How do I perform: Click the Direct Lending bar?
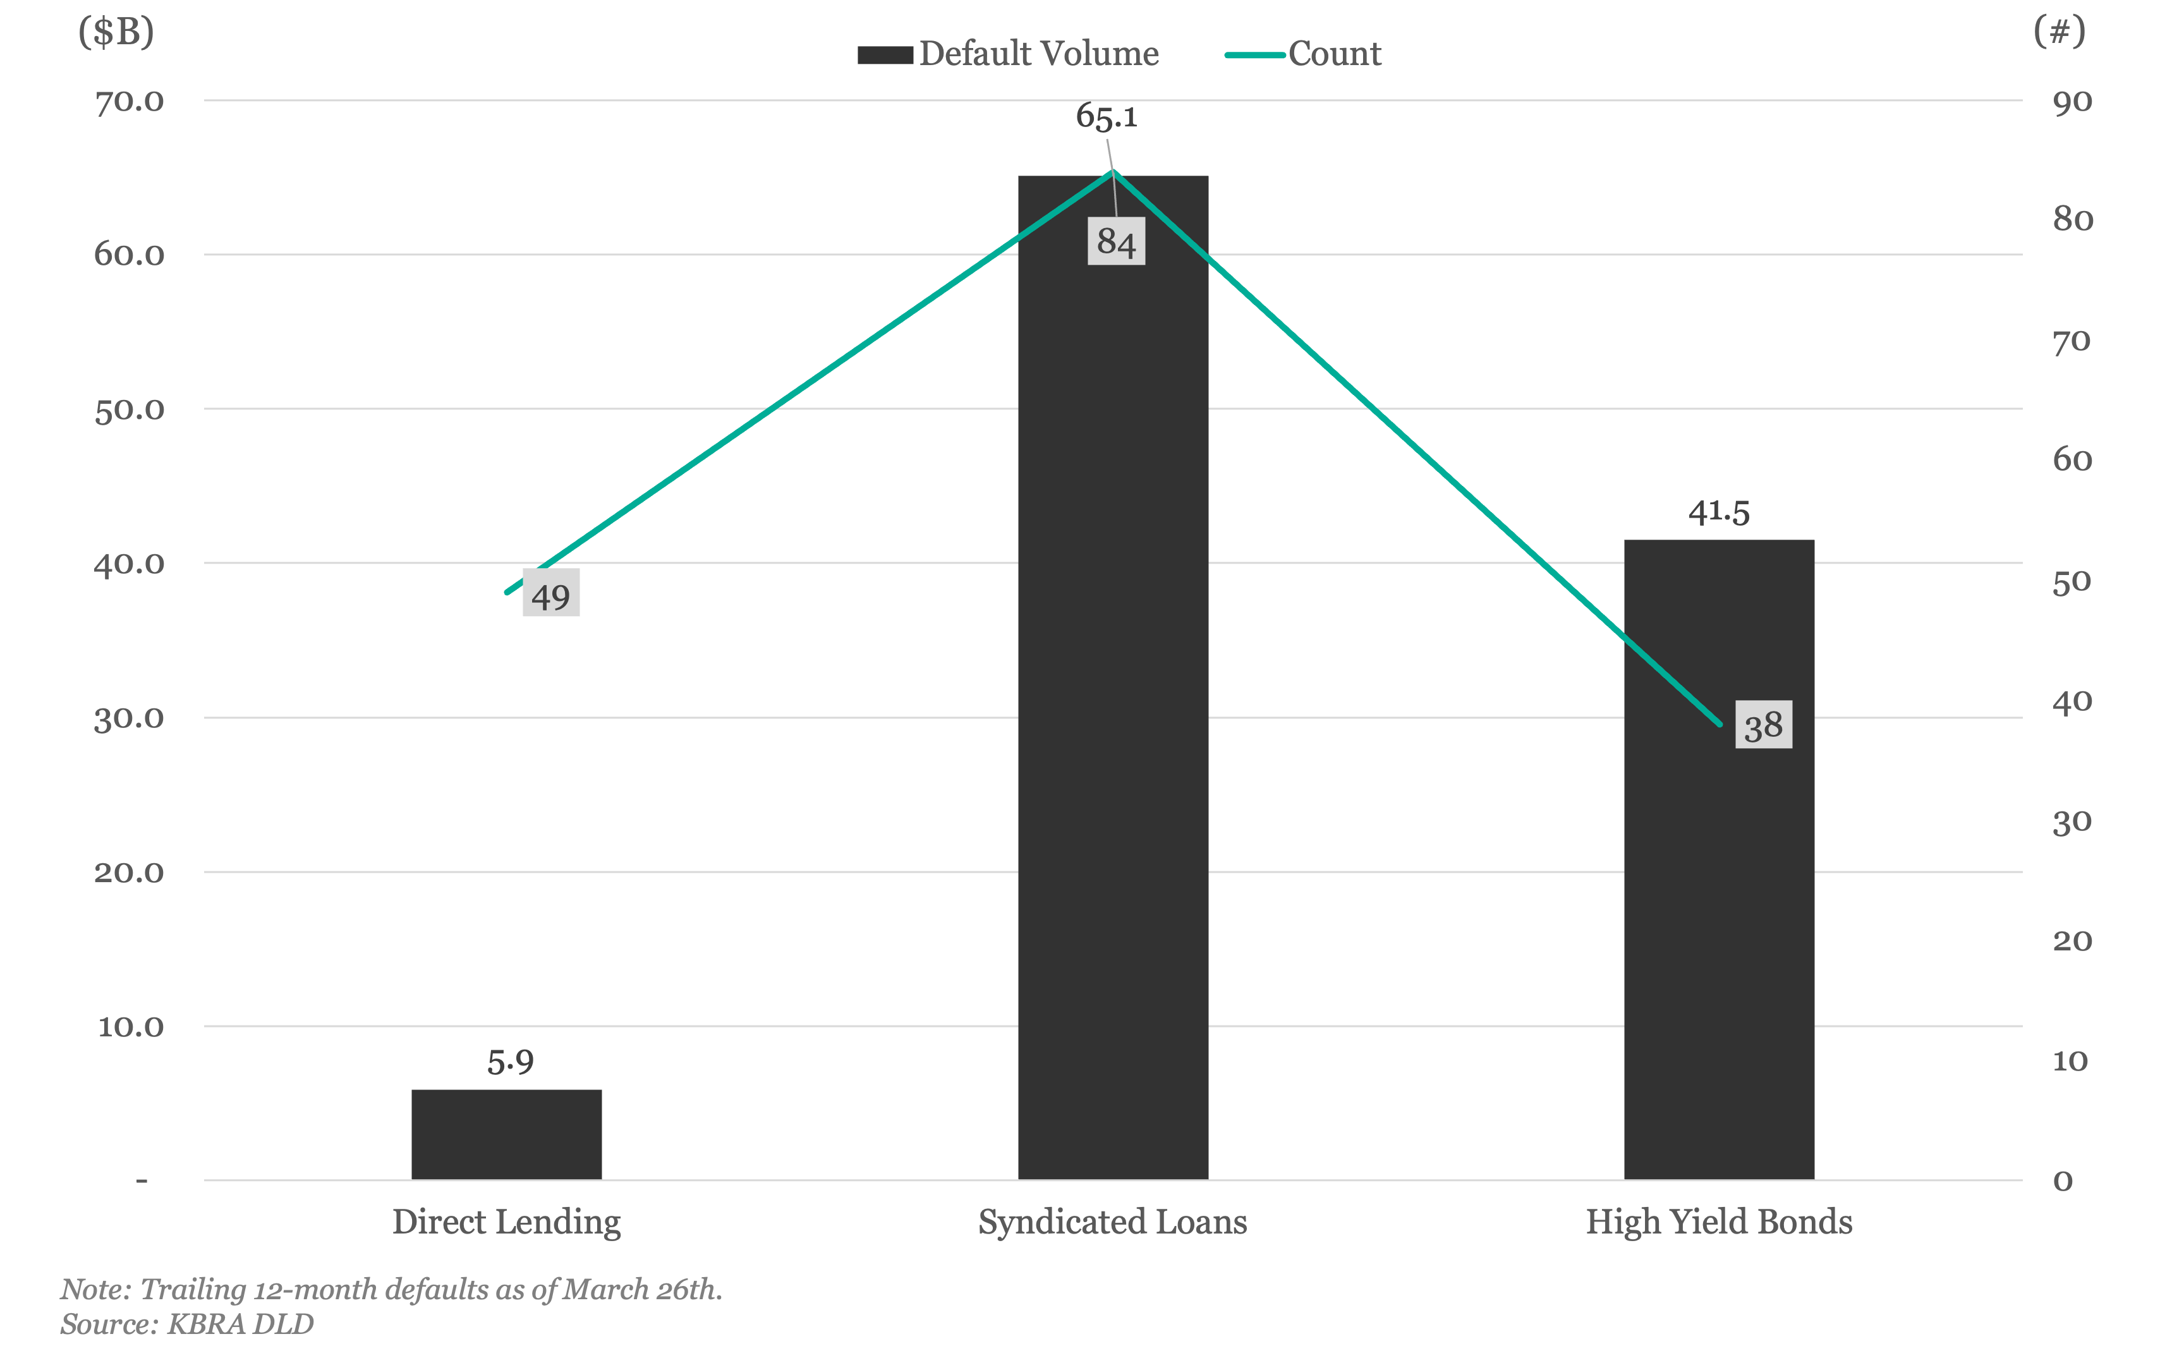[506, 1134]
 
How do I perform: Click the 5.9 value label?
[510, 1062]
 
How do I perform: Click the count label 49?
[551, 593]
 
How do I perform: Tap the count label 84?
[1116, 241]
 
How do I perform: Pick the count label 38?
[1764, 725]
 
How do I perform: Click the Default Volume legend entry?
[1009, 54]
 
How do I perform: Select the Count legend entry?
[1303, 54]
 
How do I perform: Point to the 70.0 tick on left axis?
[130, 102]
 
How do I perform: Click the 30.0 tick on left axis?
[130, 718]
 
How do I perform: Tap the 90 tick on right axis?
[2072, 102]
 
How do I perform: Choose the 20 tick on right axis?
[2072, 940]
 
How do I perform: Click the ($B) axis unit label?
[116, 32]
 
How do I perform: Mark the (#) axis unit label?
[2059, 32]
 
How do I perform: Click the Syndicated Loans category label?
[1112, 1222]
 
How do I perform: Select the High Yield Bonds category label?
[1718, 1222]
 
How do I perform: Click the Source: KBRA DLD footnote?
[187, 1324]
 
